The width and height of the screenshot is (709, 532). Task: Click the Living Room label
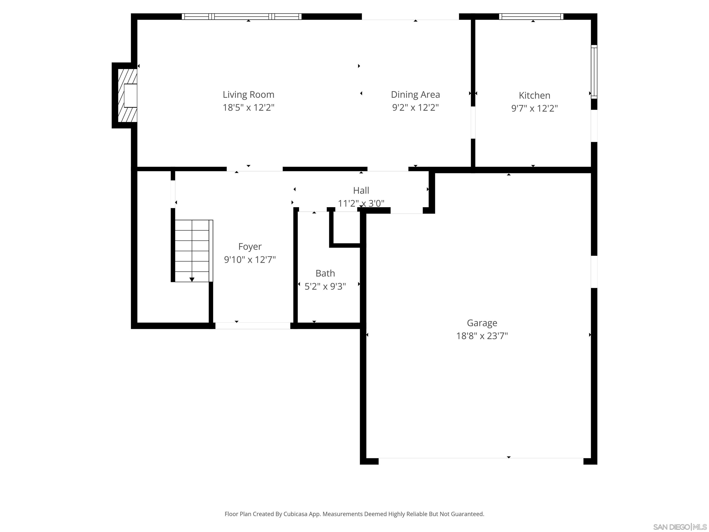pos(248,95)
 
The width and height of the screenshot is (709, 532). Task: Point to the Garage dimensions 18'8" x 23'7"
pos(482,336)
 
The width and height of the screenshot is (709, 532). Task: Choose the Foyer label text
pos(250,246)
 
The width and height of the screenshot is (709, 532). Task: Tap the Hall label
pos(361,190)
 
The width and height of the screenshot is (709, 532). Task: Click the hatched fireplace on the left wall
pos(127,96)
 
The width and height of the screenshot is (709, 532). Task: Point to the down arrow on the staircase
pos(192,279)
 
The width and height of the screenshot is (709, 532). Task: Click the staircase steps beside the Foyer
pos(192,250)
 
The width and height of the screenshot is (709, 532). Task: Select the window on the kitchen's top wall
pos(531,17)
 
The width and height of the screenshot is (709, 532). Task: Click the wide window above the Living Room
pos(242,17)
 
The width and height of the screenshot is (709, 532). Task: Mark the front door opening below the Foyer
pos(252,326)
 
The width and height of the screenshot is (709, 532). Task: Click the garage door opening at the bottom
pos(481,461)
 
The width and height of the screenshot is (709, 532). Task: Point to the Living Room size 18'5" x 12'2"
pos(248,107)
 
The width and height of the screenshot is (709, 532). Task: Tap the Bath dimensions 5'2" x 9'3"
pos(325,286)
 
